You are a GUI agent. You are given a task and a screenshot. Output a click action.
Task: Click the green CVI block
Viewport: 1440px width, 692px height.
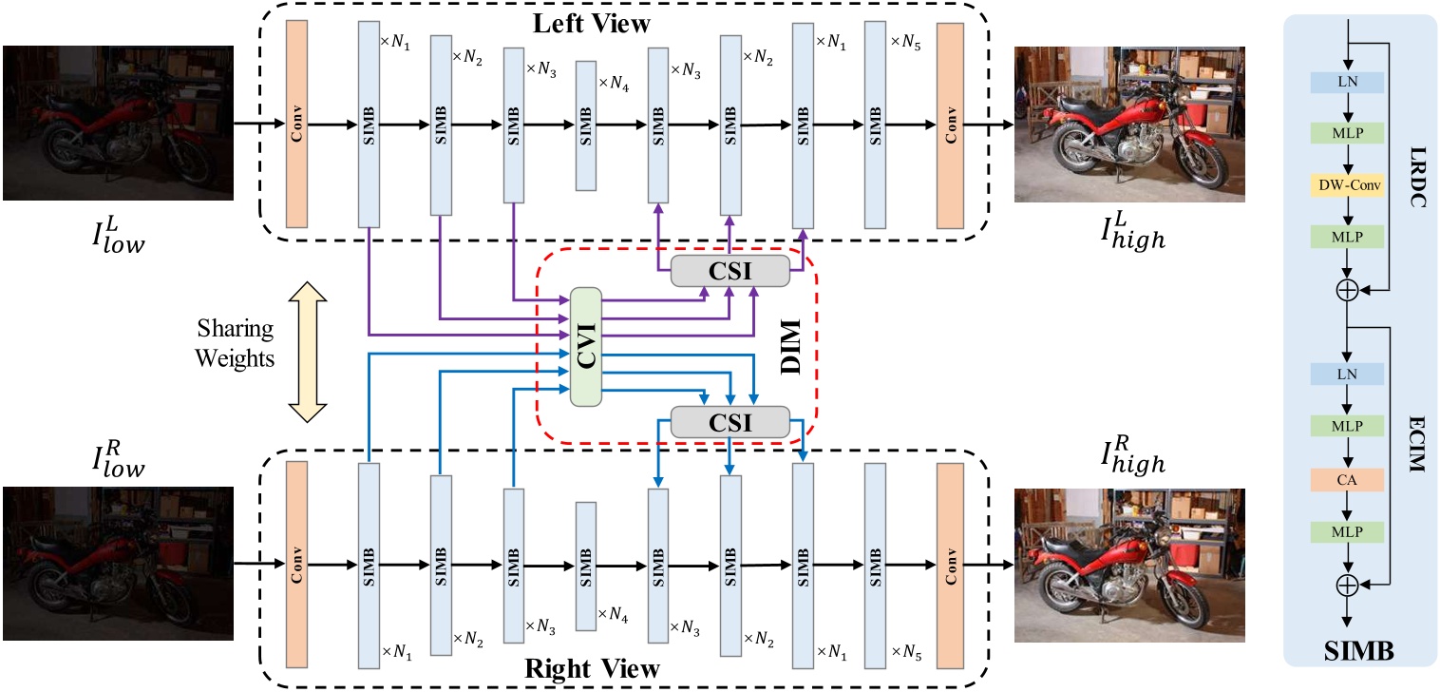(x=587, y=347)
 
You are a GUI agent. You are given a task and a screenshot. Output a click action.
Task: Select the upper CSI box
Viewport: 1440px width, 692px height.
(x=730, y=271)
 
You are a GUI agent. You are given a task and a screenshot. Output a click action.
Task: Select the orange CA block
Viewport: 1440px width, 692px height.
(x=1346, y=481)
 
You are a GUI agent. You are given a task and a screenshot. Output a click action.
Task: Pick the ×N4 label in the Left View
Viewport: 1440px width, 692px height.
(x=614, y=84)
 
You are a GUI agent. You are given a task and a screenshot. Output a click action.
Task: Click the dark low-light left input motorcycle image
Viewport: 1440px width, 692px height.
(x=118, y=123)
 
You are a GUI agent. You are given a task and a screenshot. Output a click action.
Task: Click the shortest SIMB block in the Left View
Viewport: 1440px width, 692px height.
(x=586, y=125)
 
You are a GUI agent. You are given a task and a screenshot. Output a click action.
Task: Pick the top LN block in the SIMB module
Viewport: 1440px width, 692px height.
(x=1346, y=84)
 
